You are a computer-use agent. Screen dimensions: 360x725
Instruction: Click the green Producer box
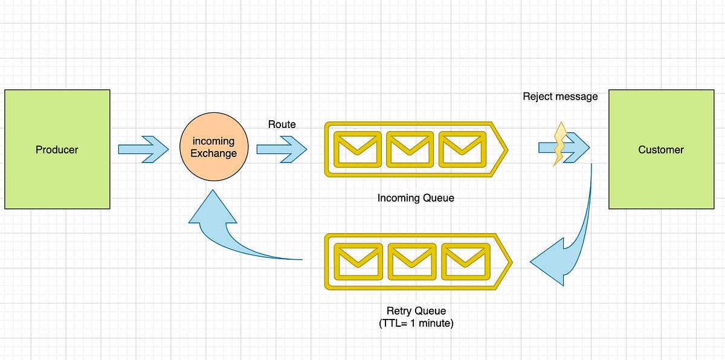click(57, 149)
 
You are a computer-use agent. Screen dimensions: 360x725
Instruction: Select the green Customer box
click(661, 149)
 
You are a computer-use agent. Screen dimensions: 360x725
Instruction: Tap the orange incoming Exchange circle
click(213, 148)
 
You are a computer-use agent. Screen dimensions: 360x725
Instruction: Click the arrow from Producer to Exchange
click(143, 149)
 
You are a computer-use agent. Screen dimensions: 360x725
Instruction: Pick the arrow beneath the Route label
click(282, 149)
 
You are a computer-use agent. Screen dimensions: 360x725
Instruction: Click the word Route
click(282, 124)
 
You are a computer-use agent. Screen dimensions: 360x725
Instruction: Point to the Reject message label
click(560, 96)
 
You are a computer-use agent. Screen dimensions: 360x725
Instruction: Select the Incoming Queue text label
click(415, 198)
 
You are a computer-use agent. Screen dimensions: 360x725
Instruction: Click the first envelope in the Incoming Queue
click(358, 149)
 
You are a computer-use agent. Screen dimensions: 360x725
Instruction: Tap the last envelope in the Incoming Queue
click(463, 149)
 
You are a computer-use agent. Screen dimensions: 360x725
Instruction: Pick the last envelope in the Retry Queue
click(465, 262)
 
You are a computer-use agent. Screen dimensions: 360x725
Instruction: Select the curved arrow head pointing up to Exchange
click(213, 208)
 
